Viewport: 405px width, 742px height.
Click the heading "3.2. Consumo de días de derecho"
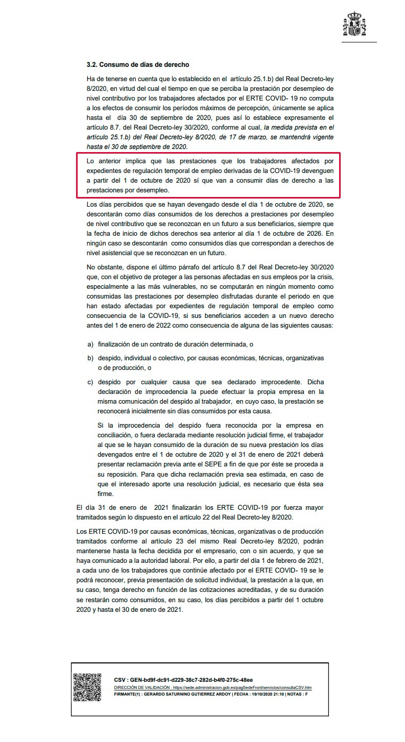point(138,65)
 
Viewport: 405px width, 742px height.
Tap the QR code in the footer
point(87,687)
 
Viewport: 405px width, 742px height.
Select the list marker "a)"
point(90,344)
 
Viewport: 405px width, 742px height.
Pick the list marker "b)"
point(90,358)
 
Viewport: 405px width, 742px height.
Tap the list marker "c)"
point(90,381)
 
